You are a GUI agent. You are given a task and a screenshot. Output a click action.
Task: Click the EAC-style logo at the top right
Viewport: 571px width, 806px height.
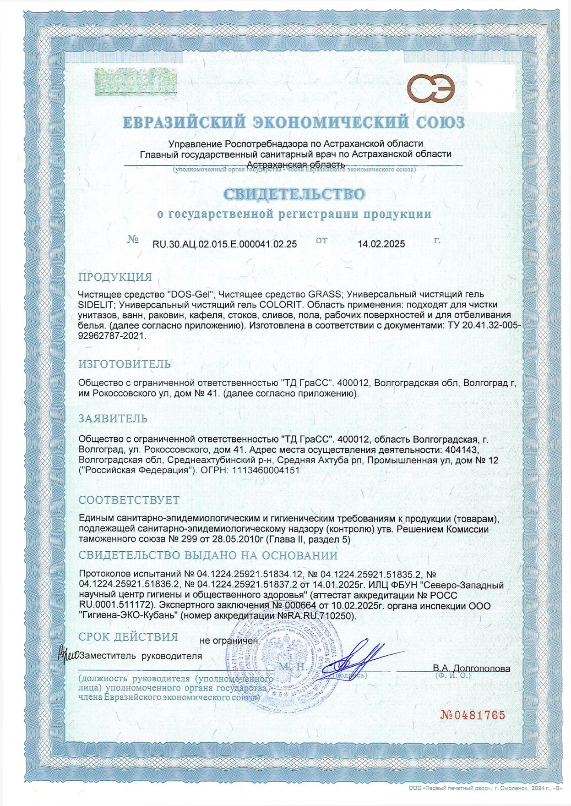click(431, 89)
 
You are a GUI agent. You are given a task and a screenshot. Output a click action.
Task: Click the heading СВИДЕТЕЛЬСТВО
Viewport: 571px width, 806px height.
click(294, 194)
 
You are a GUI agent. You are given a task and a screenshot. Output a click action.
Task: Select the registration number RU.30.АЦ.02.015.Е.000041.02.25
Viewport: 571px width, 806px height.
click(224, 244)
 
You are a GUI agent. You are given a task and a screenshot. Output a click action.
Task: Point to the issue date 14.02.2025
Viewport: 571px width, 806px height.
click(381, 244)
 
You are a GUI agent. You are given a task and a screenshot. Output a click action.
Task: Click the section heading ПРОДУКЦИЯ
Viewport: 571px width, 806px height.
click(115, 277)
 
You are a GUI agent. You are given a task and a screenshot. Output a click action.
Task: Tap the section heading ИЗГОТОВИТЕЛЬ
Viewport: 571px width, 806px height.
click(125, 364)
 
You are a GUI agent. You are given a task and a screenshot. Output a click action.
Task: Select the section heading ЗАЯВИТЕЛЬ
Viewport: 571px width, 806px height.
click(113, 418)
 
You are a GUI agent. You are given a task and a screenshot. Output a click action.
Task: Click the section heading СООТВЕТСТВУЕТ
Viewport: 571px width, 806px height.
click(129, 500)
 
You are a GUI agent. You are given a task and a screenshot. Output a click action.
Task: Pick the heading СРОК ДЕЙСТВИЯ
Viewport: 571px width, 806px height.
click(128, 637)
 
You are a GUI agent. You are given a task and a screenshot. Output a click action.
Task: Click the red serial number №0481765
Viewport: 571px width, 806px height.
click(473, 715)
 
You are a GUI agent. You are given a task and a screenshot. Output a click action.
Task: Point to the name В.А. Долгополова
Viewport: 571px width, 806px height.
click(471, 669)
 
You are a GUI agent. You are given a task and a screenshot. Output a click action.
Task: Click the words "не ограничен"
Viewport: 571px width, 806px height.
click(228, 641)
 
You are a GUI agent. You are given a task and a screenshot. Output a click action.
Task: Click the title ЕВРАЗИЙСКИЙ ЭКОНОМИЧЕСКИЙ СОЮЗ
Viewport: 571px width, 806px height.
click(294, 122)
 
